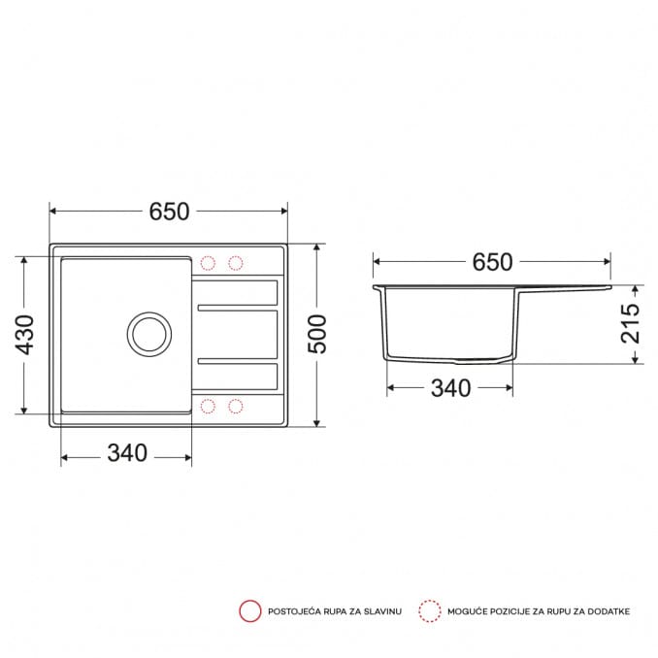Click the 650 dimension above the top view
(169, 212)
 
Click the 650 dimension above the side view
(492, 262)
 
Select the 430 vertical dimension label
(24, 335)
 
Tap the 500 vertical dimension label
(317, 334)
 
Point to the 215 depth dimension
(631, 323)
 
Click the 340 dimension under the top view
(127, 453)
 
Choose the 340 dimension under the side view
(450, 388)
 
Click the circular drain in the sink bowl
(149, 334)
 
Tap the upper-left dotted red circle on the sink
(208, 263)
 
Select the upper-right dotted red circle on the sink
(236, 263)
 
